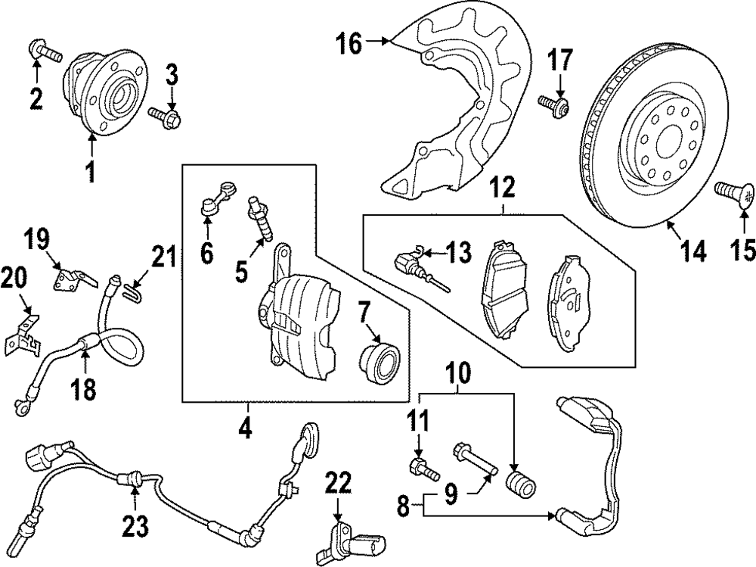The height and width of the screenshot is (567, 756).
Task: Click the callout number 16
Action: pyautogui.click(x=349, y=44)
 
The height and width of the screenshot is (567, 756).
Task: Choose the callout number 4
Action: pyautogui.click(x=244, y=428)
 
